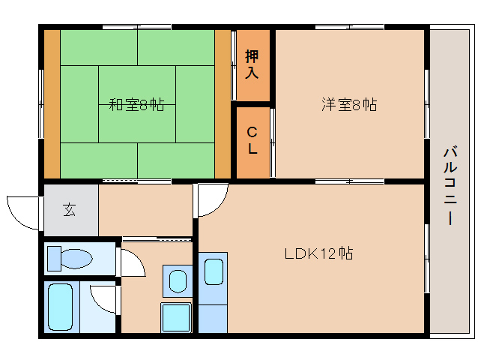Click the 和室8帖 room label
[136, 105]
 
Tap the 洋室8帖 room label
[349, 105]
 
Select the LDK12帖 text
[319, 253]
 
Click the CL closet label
[252, 140]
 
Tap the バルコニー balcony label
[450, 186]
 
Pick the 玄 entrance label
[70, 209]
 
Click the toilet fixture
[70, 259]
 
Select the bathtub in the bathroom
[61, 307]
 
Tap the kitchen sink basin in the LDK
[214, 271]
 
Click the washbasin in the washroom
[178, 281]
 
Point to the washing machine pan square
[176, 317]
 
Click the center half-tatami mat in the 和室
[137, 104]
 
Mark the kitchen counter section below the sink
[213, 319]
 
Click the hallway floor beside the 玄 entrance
[145, 210]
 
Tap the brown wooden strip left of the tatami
[52, 104]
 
